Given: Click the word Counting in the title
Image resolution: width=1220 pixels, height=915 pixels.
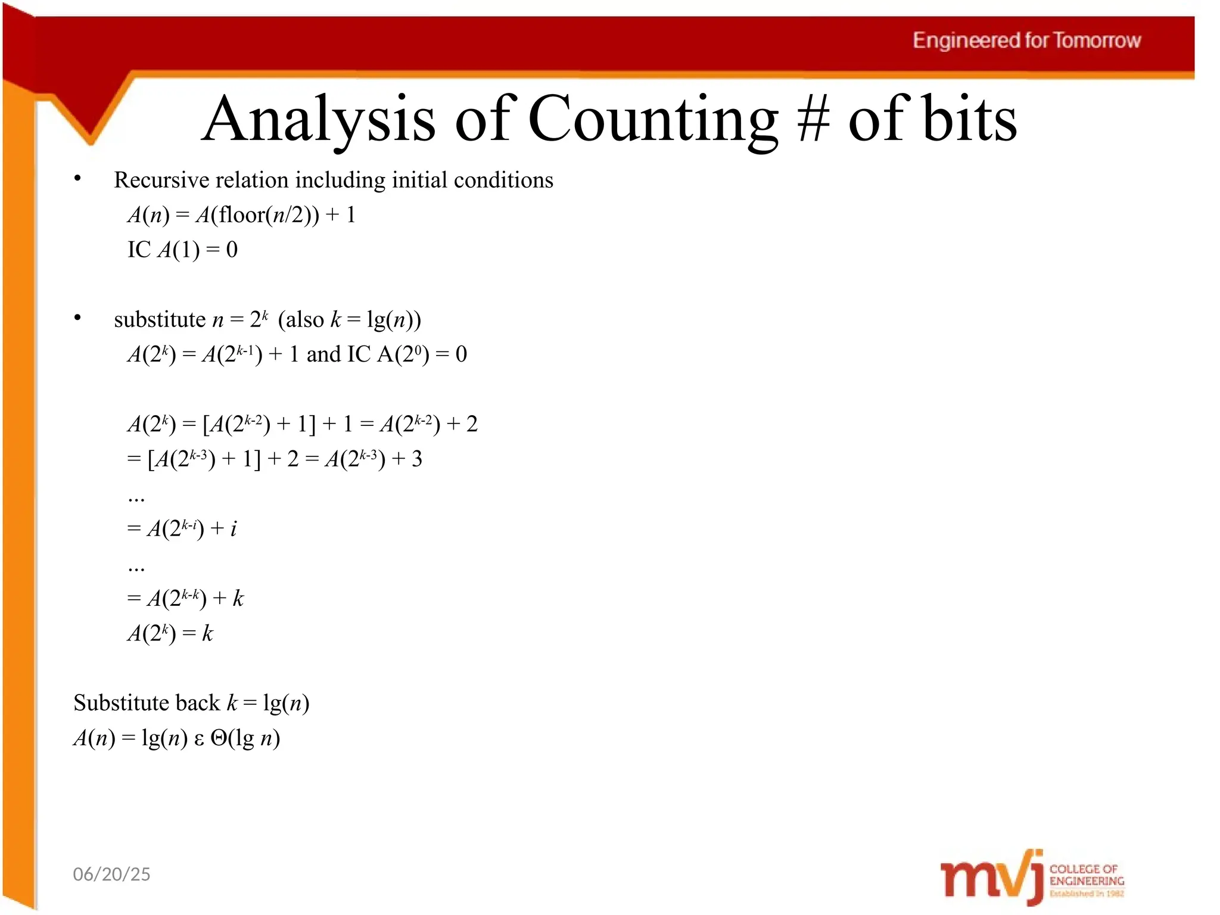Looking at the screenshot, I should point(653,119).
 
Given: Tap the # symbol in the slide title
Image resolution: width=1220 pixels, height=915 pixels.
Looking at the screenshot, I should point(813,119).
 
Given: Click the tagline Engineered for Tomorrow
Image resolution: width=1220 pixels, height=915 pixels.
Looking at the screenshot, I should point(1026,41).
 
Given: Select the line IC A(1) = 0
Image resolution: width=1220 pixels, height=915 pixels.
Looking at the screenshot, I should point(182,250).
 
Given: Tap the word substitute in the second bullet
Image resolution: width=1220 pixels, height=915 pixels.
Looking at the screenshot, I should point(160,320).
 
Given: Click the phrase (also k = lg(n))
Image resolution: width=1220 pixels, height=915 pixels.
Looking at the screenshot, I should point(349,320).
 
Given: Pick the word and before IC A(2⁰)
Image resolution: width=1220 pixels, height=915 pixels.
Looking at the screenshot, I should point(323,354).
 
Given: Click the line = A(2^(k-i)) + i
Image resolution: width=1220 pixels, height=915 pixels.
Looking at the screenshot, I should point(182,528).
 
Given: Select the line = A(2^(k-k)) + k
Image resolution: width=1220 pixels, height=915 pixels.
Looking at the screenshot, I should point(185,598).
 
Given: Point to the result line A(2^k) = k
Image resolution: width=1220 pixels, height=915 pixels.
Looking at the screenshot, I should point(170,633).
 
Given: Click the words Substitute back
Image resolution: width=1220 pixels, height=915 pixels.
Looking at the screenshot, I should point(147,703).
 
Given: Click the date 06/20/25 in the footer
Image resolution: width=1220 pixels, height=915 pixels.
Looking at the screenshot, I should point(111,874).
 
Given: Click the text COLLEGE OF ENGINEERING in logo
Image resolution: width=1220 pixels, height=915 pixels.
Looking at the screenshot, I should point(1086,875).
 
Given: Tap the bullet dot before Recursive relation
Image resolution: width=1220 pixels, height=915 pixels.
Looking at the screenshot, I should point(77,178).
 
